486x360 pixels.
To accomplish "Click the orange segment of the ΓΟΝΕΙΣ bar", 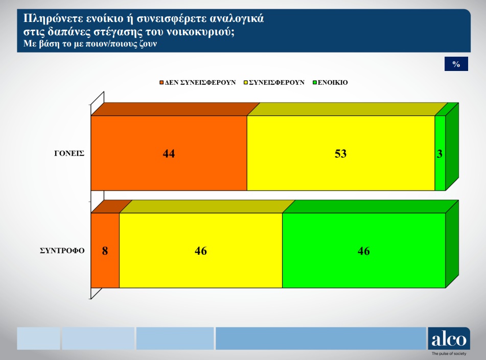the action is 169,153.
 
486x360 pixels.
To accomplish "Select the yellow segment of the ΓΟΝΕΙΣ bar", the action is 341,153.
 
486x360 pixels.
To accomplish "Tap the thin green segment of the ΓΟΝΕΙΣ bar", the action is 440,153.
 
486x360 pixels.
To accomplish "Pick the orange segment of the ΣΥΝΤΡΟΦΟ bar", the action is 105,250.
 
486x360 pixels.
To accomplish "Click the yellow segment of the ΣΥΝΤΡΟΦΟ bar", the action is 201,250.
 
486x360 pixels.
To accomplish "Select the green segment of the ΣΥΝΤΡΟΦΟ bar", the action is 364,250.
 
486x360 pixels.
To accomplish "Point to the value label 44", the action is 169,154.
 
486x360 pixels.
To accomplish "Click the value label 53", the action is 341,154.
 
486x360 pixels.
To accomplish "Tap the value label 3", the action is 439,154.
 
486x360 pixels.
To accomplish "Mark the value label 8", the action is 105,251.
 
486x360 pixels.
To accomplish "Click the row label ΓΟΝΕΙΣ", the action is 69,153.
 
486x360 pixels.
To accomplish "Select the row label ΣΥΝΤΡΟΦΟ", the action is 62,251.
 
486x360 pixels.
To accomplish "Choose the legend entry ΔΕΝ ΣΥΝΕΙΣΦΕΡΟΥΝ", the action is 197,82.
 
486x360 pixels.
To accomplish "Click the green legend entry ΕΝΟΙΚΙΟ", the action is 331,82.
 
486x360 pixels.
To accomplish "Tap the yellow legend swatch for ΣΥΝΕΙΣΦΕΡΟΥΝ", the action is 246,82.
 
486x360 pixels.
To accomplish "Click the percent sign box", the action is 456,64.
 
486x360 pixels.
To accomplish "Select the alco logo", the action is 449,339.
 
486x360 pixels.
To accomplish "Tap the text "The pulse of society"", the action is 449,353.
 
